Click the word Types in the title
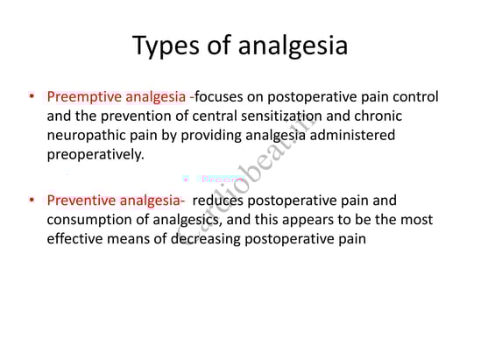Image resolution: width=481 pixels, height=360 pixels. [166, 46]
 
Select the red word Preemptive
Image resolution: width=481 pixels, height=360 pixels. [84, 97]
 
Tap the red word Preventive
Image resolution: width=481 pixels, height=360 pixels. [81, 201]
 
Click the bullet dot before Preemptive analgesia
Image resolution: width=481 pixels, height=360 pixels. [32, 96]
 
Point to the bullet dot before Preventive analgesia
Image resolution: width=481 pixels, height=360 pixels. [32, 200]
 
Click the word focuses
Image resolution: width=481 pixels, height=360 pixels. [219, 96]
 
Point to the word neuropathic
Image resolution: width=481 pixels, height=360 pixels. [87, 136]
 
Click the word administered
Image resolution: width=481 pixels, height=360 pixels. [352, 135]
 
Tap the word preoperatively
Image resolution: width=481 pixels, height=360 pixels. [95, 154]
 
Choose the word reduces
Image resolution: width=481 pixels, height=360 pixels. [218, 201]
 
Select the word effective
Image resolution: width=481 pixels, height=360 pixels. [74, 238]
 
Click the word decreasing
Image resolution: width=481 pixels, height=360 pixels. [206, 239]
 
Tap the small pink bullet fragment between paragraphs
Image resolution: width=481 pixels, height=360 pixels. [185, 179]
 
